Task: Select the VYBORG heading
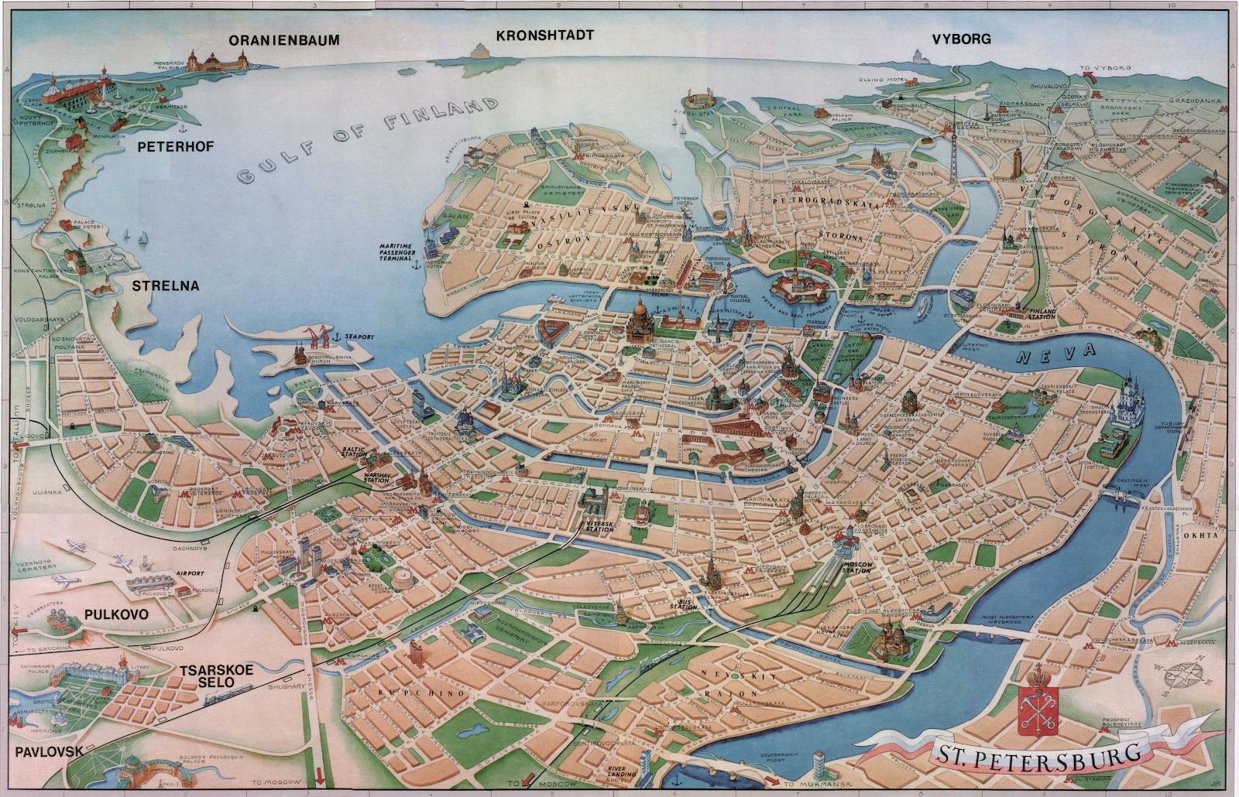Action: (962, 39)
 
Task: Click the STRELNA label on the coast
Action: (165, 286)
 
